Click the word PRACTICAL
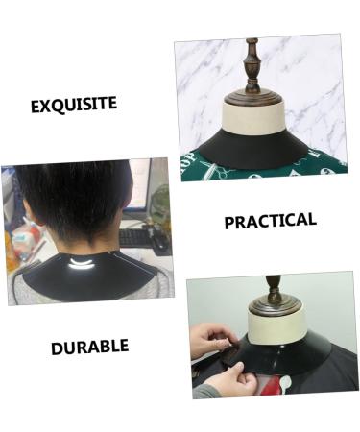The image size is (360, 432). point(270,221)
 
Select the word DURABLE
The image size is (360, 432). point(89,345)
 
